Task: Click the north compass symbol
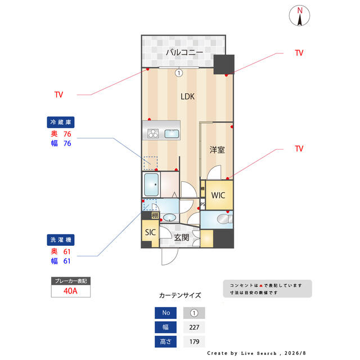pyautogui.click(x=299, y=16)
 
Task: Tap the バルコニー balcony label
pyautogui.click(x=184, y=52)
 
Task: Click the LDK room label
pyautogui.click(x=187, y=96)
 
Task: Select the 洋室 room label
pyautogui.click(x=217, y=150)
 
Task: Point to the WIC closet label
pyautogui.click(x=218, y=195)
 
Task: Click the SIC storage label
pyautogui.click(x=150, y=232)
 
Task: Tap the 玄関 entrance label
pyautogui.click(x=181, y=237)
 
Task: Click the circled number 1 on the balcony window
pyautogui.click(x=179, y=73)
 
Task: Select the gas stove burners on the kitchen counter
pyautogui.click(x=153, y=133)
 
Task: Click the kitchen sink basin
pyautogui.click(x=172, y=134)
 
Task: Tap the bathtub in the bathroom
pyautogui.click(x=151, y=185)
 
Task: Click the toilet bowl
pyautogui.click(x=223, y=219)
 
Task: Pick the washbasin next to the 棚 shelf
pyautogui.click(x=169, y=217)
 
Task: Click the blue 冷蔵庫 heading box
pyautogui.click(x=61, y=122)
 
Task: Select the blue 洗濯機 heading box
pyautogui.click(x=61, y=240)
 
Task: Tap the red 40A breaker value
pyautogui.click(x=70, y=291)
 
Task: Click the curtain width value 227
pyautogui.click(x=194, y=327)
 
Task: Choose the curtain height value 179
pyautogui.click(x=194, y=341)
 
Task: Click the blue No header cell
pyautogui.click(x=165, y=313)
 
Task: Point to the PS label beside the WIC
pyautogui.click(x=202, y=204)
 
